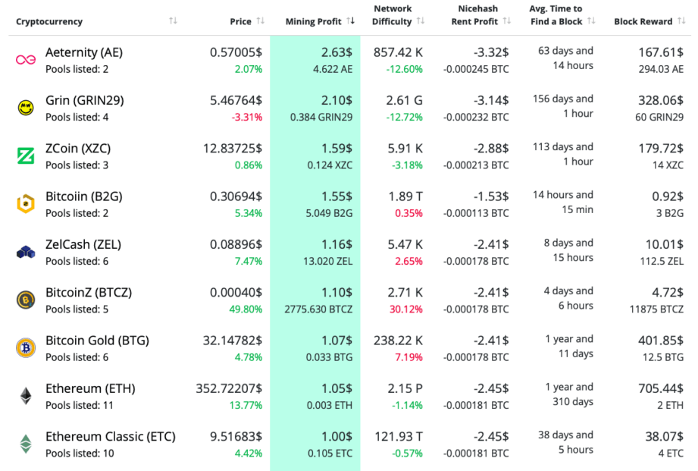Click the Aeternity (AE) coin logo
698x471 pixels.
[x=26, y=60]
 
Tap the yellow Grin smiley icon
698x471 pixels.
[x=26, y=108]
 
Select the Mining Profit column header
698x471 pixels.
[x=313, y=21]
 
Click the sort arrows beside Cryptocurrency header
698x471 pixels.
[x=174, y=21]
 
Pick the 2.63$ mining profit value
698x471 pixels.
[x=336, y=52]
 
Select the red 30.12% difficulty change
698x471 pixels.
[x=408, y=309]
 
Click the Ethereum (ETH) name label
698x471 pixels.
[x=90, y=388]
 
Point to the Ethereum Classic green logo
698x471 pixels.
[x=26, y=444]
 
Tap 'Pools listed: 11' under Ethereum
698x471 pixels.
[x=80, y=405]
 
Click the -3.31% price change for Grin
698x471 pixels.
[x=247, y=117]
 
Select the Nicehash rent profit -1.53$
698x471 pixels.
[x=491, y=196]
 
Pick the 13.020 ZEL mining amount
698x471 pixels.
[x=328, y=261]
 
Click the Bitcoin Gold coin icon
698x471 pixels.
[x=26, y=348]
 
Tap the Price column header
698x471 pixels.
[x=240, y=21]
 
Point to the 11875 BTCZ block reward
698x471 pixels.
[x=657, y=309]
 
